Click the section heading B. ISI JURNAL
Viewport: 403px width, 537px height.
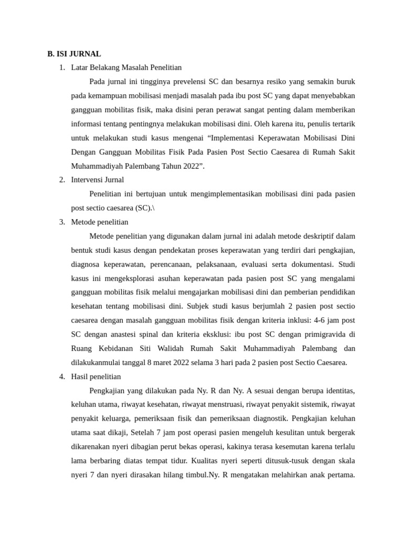click(x=74, y=53)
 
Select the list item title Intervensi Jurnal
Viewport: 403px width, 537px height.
click(x=98, y=180)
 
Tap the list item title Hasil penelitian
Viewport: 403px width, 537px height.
click(x=96, y=377)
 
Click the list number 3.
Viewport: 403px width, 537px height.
click(x=62, y=222)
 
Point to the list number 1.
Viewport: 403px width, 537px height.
click(x=62, y=67)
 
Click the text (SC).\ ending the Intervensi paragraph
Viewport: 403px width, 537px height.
click(x=144, y=208)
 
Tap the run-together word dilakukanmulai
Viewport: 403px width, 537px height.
click(x=98, y=362)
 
